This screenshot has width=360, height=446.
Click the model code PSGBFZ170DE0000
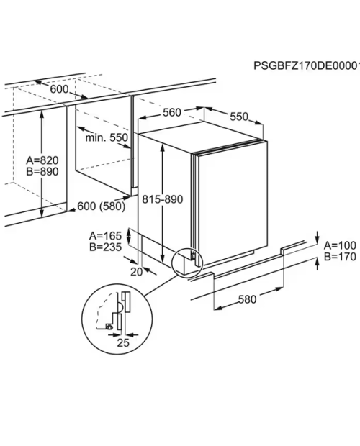[307, 65]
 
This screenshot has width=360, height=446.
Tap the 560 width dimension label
[172, 113]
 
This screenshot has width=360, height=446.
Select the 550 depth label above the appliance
[239, 117]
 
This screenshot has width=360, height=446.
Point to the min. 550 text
[107, 137]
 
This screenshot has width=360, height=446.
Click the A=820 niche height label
[42, 160]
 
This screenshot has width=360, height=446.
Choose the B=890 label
[42, 172]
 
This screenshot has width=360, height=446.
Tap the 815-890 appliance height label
[163, 199]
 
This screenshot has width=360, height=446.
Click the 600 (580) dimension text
[102, 206]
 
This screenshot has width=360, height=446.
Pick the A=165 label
[105, 236]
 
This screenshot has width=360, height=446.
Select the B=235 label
[105, 247]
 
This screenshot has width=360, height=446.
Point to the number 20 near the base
[136, 272]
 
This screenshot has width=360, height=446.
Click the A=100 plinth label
[340, 245]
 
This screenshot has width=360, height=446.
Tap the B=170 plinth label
[340, 257]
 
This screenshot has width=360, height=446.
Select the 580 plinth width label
[247, 299]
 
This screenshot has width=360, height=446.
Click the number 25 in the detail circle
[123, 342]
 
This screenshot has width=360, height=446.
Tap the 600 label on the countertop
[60, 89]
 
